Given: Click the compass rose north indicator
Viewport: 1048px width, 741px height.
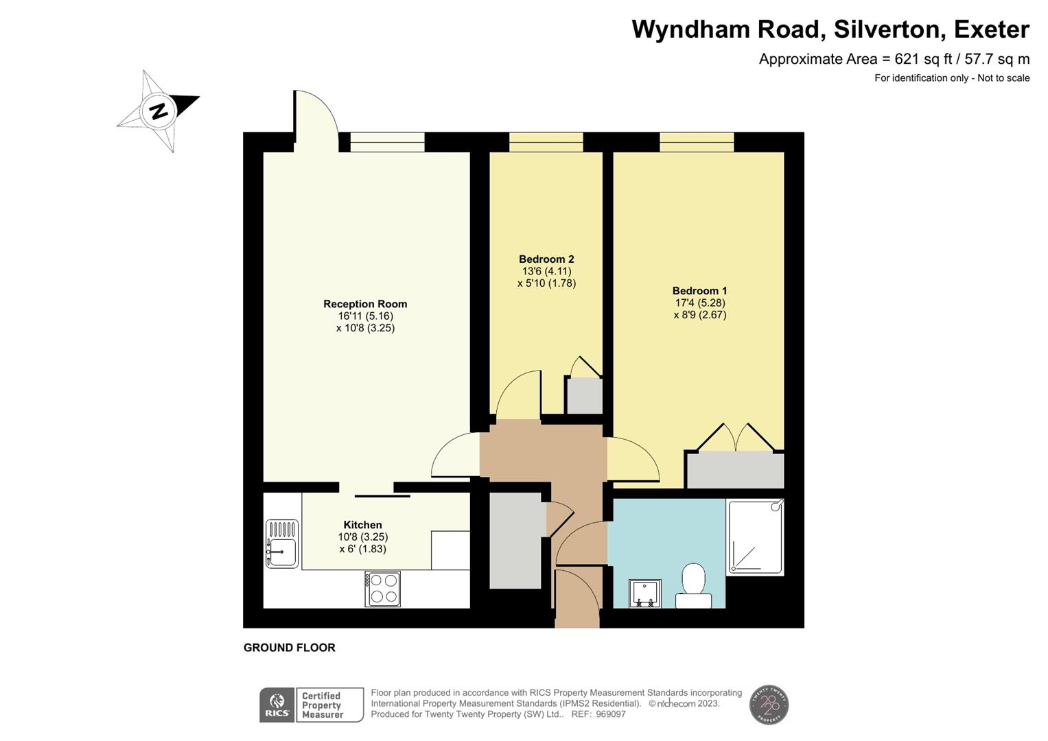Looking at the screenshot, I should pyautogui.click(x=159, y=110).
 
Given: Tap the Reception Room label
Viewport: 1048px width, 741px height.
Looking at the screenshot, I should pyautogui.click(x=365, y=304).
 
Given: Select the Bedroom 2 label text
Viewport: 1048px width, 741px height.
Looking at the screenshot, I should pyautogui.click(x=546, y=259).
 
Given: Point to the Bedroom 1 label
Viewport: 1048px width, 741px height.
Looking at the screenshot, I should pyautogui.click(x=699, y=291).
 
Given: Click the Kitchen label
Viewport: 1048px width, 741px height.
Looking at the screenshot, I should pyautogui.click(x=362, y=525).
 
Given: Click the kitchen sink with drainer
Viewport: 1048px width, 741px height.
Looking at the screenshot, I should pyautogui.click(x=282, y=543).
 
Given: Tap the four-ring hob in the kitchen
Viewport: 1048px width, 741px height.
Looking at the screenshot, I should pyautogui.click(x=383, y=589).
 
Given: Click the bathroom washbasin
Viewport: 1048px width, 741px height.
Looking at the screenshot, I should pyautogui.click(x=644, y=593).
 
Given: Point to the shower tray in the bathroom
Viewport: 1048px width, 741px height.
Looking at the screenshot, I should pyautogui.click(x=755, y=537).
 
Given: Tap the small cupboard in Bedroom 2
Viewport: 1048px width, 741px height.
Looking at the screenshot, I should pyautogui.click(x=583, y=396).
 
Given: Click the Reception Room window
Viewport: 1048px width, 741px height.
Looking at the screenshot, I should pyautogui.click(x=387, y=142).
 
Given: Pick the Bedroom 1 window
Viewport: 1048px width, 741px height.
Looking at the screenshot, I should pyautogui.click(x=697, y=142).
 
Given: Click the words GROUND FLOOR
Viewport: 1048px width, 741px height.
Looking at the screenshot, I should pyautogui.click(x=290, y=648).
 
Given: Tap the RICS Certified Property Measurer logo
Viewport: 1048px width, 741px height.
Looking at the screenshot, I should pyautogui.click(x=312, y=705).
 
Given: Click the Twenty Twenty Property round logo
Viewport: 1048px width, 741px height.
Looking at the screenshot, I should pyautogui.click(x=769, y=705).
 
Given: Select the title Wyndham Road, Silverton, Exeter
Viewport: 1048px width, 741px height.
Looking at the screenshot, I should pyautogui.click(x=830, y=30).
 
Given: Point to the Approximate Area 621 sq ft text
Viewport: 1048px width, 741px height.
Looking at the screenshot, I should pyautogui.click(x=894, y=59).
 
